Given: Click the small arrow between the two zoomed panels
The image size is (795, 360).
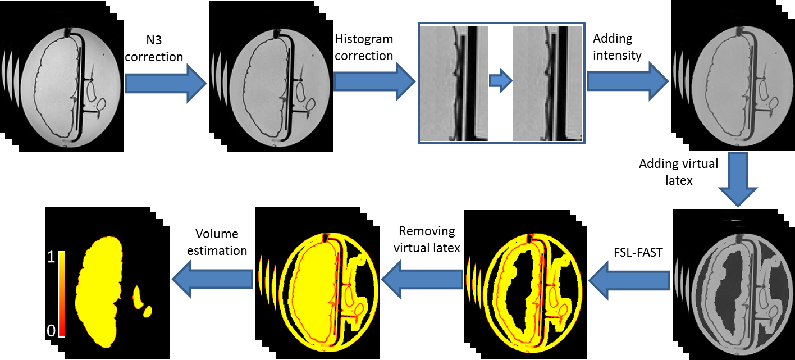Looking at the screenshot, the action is [x=500, y=81].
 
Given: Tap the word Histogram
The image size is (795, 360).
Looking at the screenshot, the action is [x=364, y=40].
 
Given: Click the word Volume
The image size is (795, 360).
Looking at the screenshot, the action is [x=217, y=234].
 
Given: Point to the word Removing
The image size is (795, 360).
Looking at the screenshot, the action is [x=427, y=231].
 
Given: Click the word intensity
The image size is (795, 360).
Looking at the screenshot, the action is [x=616, y=56].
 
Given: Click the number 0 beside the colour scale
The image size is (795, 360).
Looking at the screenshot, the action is [x=51, y=331].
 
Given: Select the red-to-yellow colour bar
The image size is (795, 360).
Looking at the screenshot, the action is [x=62, y=294].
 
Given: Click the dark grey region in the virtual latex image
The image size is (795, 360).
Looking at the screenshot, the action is [x=730, y=286].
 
